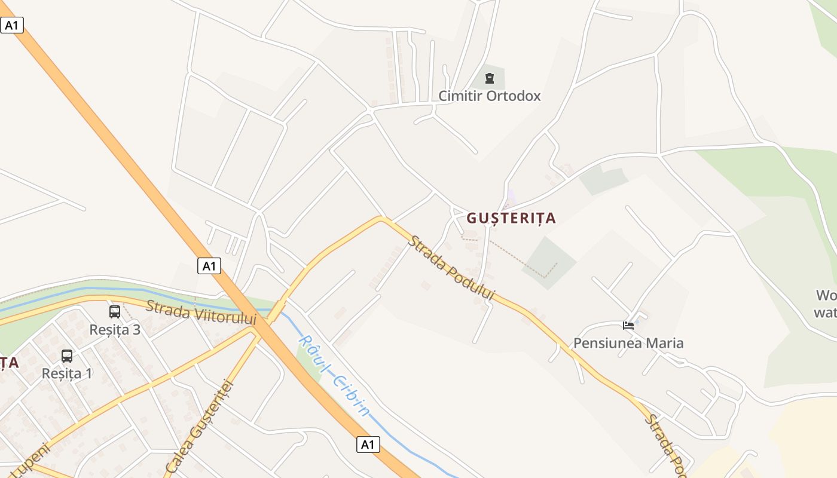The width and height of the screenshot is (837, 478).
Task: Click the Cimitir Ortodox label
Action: coord(489,96)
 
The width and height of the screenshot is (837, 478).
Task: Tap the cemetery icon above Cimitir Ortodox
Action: coord(490,78)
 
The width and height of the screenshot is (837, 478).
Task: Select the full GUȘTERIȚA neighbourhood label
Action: coord(511,218)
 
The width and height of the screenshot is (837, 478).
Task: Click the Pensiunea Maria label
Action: coord(628,343)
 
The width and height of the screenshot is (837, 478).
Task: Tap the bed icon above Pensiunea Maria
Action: coord(628,326)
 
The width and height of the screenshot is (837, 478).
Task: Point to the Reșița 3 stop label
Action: coord(115,329)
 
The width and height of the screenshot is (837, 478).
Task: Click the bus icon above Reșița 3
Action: coord(115,312)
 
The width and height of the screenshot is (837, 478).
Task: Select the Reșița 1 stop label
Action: coord(67,373)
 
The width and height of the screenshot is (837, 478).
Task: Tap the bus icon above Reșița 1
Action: coord(67,356)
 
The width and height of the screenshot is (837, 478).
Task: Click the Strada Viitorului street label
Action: coord(201,312)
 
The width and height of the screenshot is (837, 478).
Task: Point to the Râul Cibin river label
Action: coord(334,375)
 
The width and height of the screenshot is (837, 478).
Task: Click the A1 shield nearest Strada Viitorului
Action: coord(209,266)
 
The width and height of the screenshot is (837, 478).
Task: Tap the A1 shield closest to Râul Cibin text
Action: coord(368,445)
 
